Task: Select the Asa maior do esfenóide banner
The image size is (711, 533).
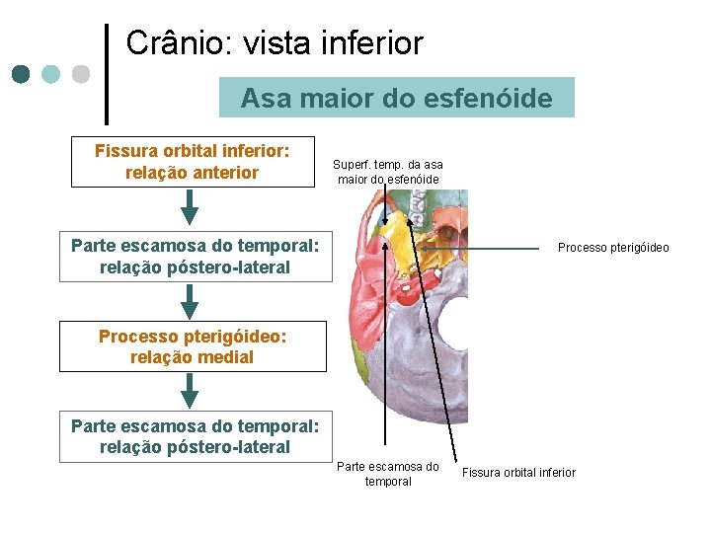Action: point(396,99)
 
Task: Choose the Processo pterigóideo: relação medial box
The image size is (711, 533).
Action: point(193,346)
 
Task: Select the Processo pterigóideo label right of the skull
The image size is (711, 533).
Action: point(612,248)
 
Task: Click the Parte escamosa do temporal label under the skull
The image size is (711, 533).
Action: point(387,474)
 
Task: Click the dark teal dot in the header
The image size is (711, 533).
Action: point(22,73)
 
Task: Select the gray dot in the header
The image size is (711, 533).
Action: point(81,73)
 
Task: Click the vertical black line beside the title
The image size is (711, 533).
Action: point(107,69)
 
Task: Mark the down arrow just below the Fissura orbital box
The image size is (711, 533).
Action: point(191,208)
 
